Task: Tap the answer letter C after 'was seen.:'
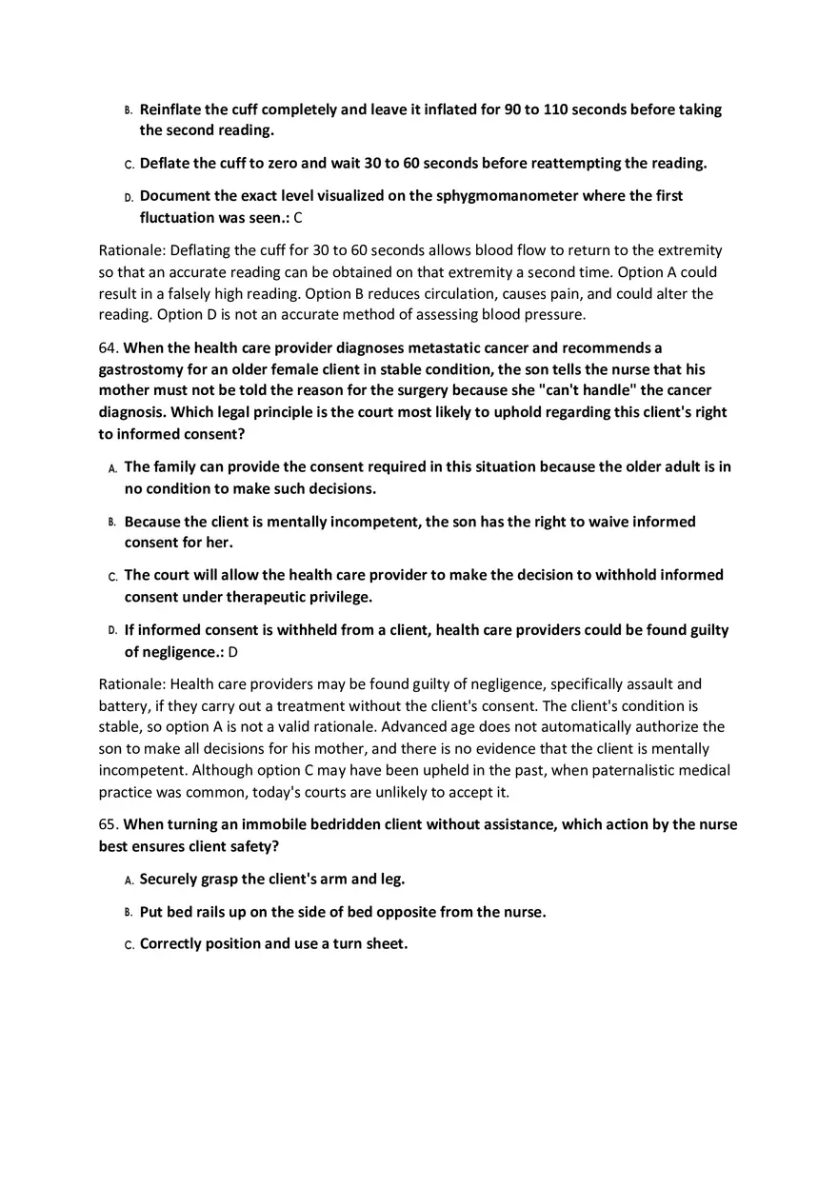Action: tap(298, 218)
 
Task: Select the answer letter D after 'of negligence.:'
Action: tap(232, 652)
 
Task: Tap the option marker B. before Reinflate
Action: tap(129, 110)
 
